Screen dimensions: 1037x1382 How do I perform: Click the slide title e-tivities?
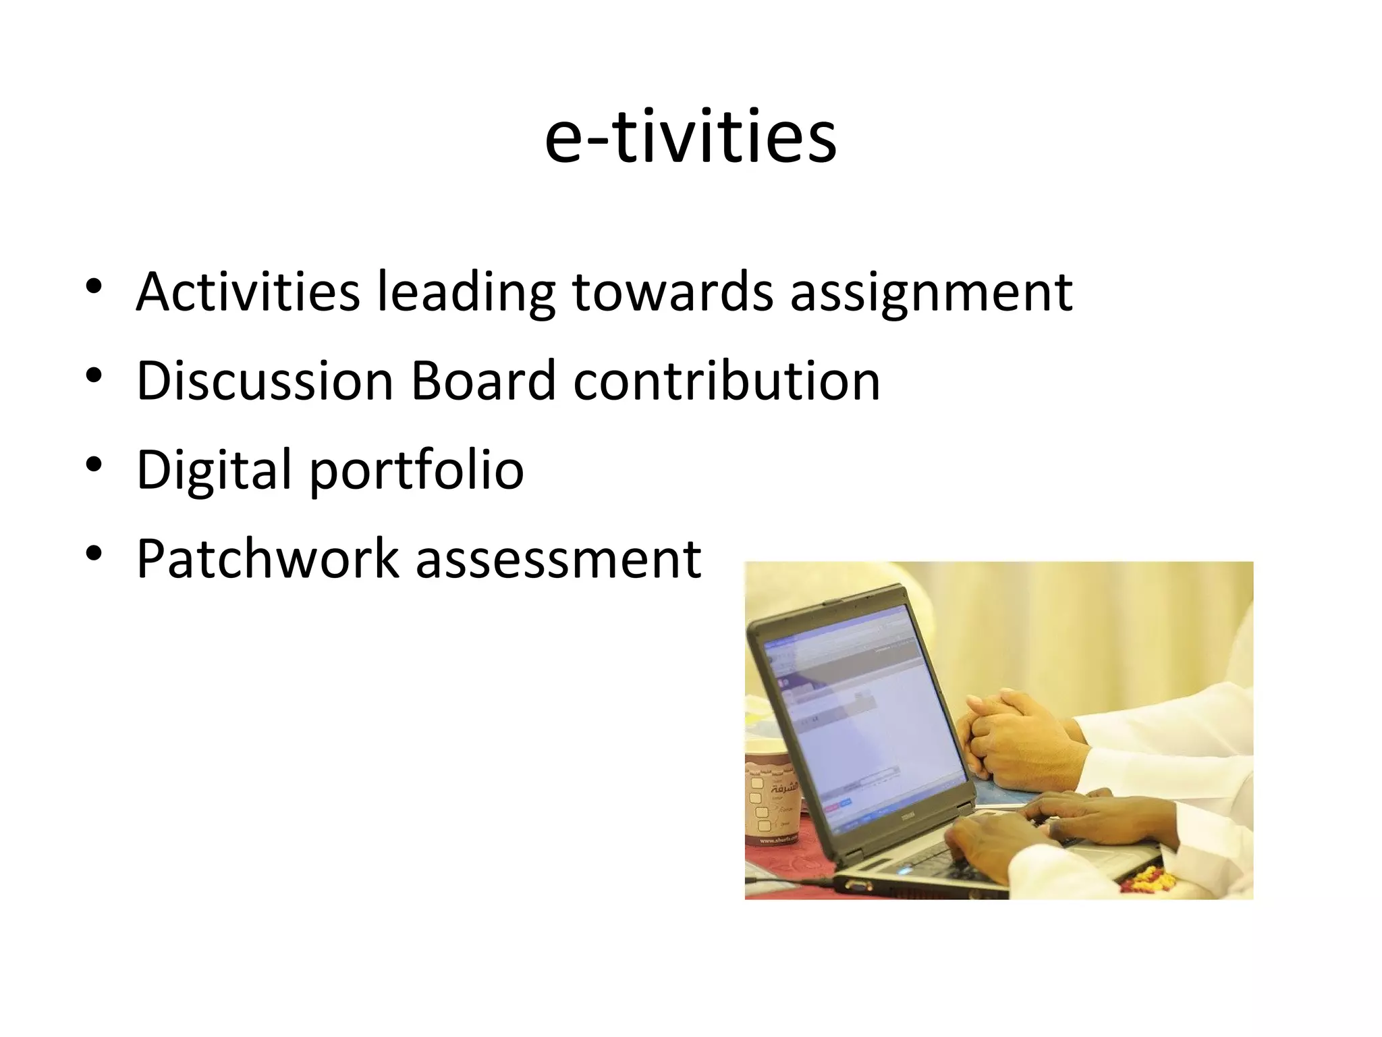point(690,137)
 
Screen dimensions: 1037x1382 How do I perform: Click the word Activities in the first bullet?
point(248,292)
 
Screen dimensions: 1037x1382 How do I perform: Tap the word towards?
point(672,292)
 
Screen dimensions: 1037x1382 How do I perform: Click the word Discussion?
point(265,381)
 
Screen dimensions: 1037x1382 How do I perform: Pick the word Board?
point(483,381)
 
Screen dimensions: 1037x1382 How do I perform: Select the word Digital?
point(214,471)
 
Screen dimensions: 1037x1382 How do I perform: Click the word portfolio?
point(416,471)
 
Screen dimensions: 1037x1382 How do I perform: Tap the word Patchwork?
point(268,559)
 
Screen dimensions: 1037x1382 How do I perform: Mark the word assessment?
point(558,560)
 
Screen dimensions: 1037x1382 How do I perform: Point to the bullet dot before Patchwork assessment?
point(94,554)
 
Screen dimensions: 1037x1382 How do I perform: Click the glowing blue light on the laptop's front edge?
point(904,870)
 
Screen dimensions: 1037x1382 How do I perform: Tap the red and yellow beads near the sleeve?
point(1151,878)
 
